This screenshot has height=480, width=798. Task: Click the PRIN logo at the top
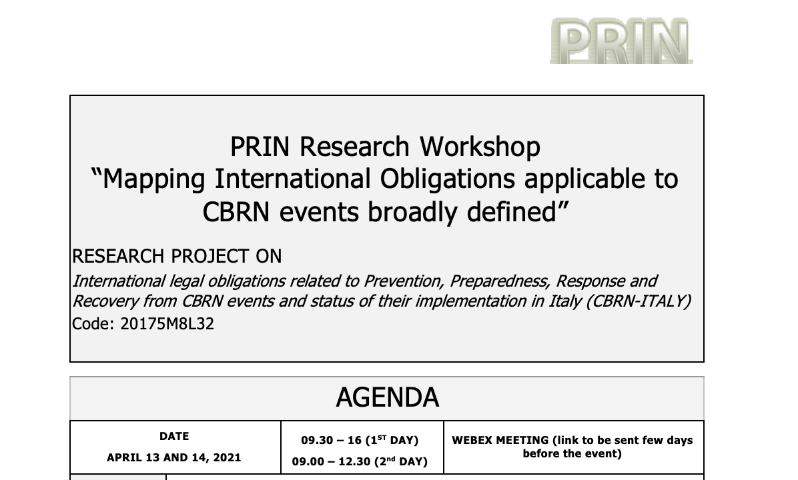[x=621, y=41]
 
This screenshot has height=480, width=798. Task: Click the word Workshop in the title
[x=480, y=147]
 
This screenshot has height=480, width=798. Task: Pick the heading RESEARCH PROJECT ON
[x=177, y=256]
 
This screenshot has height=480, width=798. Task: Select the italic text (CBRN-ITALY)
[x=638, y=301]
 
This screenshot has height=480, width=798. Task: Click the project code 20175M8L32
[x=167, y=324]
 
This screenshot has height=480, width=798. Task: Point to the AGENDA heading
[x=387, y=397]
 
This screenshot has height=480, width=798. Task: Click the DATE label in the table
[x=174, y=436]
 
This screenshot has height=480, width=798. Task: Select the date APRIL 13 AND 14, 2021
[x=174, y=457]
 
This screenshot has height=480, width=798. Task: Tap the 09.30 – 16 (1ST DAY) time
[x=360, y=440]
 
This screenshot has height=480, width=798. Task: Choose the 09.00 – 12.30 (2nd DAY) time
[x=360, y=461]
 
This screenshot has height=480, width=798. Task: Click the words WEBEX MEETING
[x=500, y=441]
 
